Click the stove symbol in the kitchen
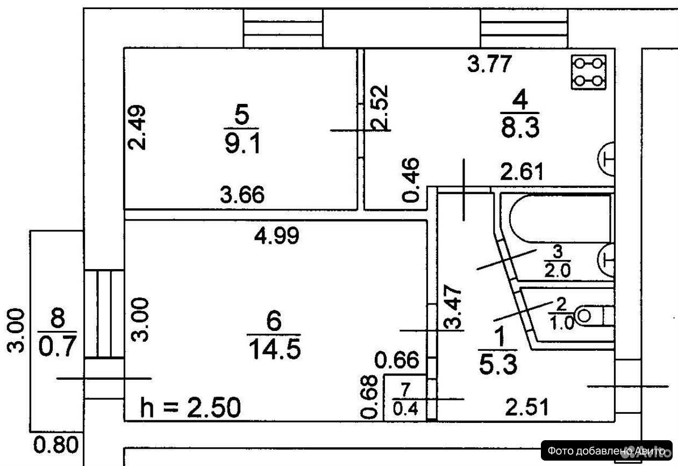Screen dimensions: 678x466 click(x=589, y=72)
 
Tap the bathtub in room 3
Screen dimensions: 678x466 click(x=560, y=219)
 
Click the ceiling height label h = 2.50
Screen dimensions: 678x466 click(x=191, y=407)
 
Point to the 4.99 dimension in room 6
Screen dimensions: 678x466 click(x=277, y=236)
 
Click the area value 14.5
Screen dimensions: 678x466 click(x=275, y=349)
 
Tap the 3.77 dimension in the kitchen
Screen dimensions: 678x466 click(x=489, y=63)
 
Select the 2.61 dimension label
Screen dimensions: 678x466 click(x=522, y=172)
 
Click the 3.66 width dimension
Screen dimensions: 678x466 click(x=242, y=194)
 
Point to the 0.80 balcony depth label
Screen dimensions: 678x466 click(x=56, y=445)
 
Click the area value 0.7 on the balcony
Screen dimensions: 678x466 click(x=57, y=347)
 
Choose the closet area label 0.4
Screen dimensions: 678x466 click(x=405, y=408)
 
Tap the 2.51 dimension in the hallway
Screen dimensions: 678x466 click(x=527, y=407)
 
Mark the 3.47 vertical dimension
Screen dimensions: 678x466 click(x=453, y=307)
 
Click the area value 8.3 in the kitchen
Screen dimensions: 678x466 click(x=520, y=128)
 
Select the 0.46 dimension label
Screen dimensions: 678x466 click(x=411, y=180)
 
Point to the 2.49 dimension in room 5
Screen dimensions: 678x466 click(x=137, y=127)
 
